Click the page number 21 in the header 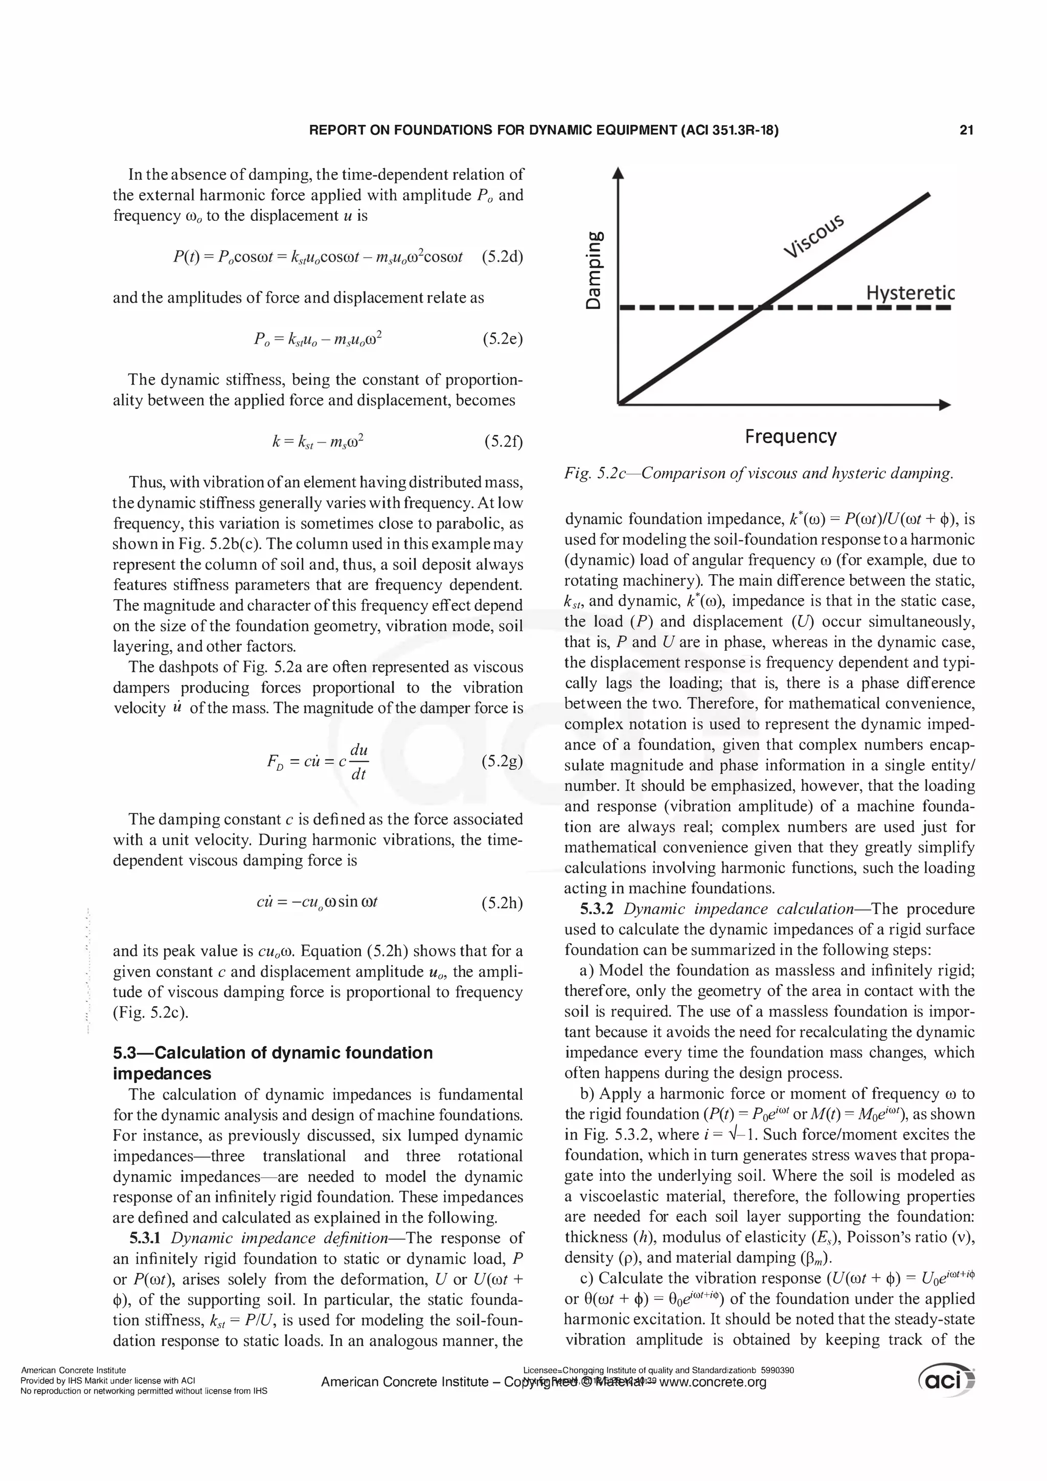tap(966, 130)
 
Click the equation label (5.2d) tap(503, 257)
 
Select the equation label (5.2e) tap(503, 338)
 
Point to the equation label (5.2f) tap(503, 441)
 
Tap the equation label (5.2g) tap(503, 761)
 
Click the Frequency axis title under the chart tap(790, 437)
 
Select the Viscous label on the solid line tap(814, 237)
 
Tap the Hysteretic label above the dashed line tap(909, 293)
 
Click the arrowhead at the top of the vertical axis tap(618, 172)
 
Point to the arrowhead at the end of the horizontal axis tap(945, 405)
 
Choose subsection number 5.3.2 tap(599, 909)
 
